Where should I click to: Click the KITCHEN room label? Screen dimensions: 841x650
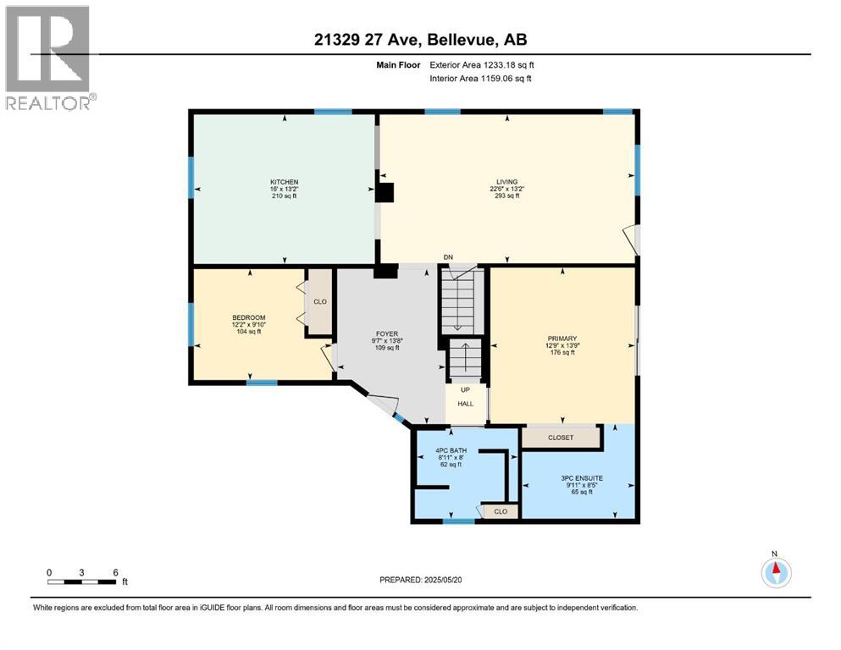point(285,182)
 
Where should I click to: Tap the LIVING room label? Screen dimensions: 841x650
point(506,182)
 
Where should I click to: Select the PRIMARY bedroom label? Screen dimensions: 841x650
point(562,339)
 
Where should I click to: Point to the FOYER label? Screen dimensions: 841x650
point(387,333)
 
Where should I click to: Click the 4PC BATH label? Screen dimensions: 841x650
point(451,450)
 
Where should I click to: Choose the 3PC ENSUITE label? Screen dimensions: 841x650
point(582,478)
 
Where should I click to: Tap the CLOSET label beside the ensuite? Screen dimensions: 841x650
point(561,438)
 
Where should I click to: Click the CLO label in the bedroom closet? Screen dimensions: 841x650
point(320,301)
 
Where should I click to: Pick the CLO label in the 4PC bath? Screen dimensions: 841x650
point(501,512)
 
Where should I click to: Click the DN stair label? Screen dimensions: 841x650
point(448,257)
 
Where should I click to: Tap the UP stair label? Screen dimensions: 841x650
point(465,389)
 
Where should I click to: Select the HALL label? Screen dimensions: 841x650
point(466,404)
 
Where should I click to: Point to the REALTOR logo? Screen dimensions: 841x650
point(50,58)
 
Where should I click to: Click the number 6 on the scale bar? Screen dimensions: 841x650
point(115,572)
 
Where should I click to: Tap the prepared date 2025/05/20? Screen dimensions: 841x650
point(442,580)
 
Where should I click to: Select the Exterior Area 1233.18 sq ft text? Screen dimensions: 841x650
point(482,65)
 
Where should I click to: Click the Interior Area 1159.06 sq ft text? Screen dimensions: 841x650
point(480,78)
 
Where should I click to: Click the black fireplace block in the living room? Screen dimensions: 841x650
point(385,192)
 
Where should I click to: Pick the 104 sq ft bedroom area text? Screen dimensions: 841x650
point(249,332)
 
